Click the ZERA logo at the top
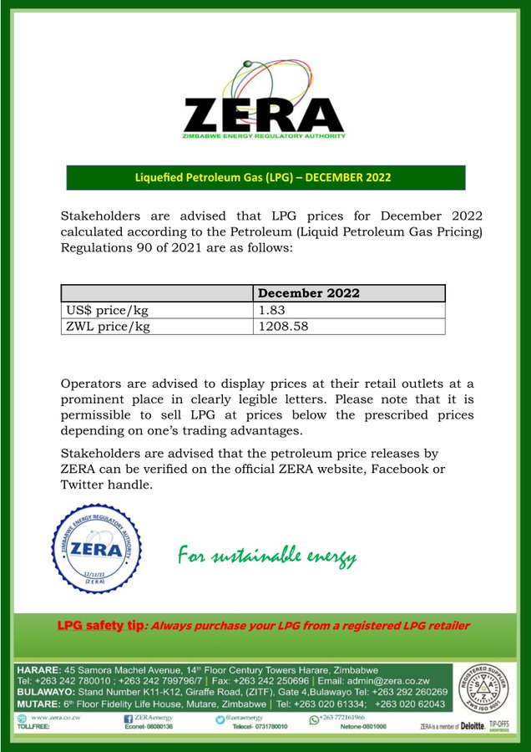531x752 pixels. (264, 105)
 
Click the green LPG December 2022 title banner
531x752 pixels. (264, 177)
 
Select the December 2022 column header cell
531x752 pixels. (309, 293)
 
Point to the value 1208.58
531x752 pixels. (283, 326)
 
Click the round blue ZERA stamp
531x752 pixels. (97, 549)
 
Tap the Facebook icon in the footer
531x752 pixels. (128, 718)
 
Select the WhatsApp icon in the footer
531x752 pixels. (314, 718)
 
